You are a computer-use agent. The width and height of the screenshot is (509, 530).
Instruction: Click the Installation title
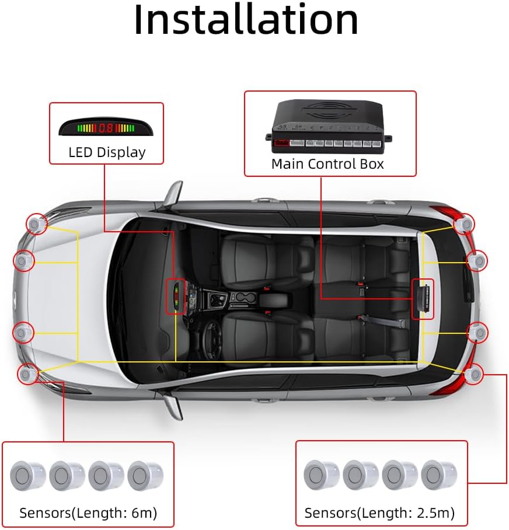[x=246, y=20]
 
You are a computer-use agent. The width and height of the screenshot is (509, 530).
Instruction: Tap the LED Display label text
[x=107, y=153]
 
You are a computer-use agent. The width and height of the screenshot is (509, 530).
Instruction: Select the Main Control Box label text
[x=327, y=164]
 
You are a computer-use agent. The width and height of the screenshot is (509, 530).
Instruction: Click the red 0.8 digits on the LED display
[x=106, y=127]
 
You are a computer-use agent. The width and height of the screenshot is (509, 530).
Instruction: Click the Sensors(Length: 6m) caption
[x=88, y=513]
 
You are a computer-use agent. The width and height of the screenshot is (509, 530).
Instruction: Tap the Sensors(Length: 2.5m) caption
[x=379, y=513]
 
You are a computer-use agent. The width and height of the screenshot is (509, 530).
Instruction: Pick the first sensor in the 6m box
[x=27, y=476]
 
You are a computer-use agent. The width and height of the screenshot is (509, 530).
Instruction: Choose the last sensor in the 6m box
[x=145, y=475]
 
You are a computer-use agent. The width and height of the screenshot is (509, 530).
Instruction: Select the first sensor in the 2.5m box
[x=321, y=475]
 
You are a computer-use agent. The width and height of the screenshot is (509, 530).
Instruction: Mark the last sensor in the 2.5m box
[x=438, y=475]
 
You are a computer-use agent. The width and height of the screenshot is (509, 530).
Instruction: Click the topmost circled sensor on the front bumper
[x=36, y=223]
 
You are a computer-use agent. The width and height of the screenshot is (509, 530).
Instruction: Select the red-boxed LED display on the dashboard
[x=176, y=297]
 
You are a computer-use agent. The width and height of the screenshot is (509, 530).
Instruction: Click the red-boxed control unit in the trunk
[x=423, y=299]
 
